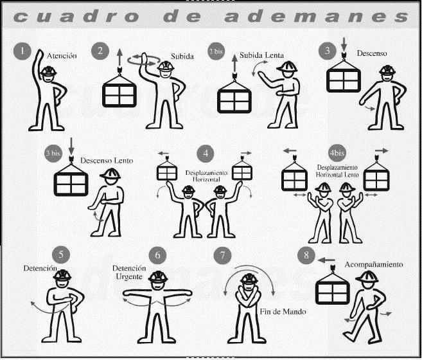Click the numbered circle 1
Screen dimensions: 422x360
(x=22, y=51)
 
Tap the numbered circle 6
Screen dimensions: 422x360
(x=158, y=255)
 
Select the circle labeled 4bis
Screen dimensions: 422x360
(x=337, y=153)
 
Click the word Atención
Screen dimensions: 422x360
(x=62, y=56)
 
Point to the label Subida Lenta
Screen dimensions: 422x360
(x=261, y=55)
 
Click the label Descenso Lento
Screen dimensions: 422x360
(x=107, y=161)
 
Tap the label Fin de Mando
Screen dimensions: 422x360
(x=283, y=312)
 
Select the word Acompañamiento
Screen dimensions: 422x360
(x=374, y=265)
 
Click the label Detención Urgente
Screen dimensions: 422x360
(x=129, y=273)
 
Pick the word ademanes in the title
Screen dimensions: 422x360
(x=317, y=16)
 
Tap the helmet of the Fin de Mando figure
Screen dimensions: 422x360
(x=249, y=278)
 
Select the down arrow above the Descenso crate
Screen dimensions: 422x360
(x=344, y=44)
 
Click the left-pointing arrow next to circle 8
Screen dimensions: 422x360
(x=326, y=260)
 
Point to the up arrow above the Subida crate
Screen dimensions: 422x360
(x=119, y=58)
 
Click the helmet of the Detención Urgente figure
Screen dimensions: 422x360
(x=158, y=276)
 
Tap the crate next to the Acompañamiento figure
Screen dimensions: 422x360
(x=333, y=288)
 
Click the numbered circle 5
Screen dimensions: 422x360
(x=61, y=255)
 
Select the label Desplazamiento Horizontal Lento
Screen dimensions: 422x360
(x=337, y=171)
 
